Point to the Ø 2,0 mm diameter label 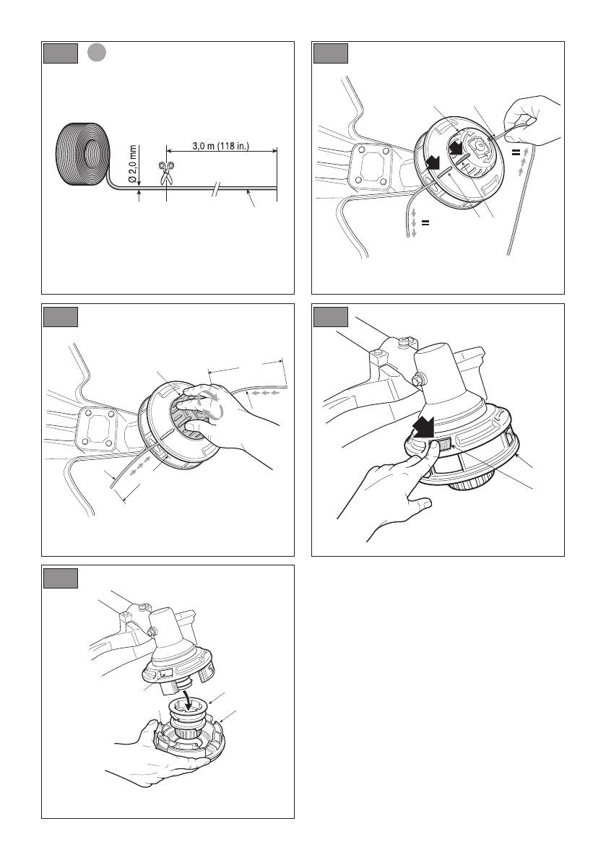tap(133, 164)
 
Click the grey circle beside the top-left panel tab tap(97, 53)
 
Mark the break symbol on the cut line tap(217, 190)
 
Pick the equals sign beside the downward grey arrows tap(425, 222)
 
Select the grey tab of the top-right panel tap(331, 53)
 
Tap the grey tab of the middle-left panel tap(61, 316)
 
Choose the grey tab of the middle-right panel tap(331, 316)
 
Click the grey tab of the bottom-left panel tap(61, 578)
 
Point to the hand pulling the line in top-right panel tap(531, 120)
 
